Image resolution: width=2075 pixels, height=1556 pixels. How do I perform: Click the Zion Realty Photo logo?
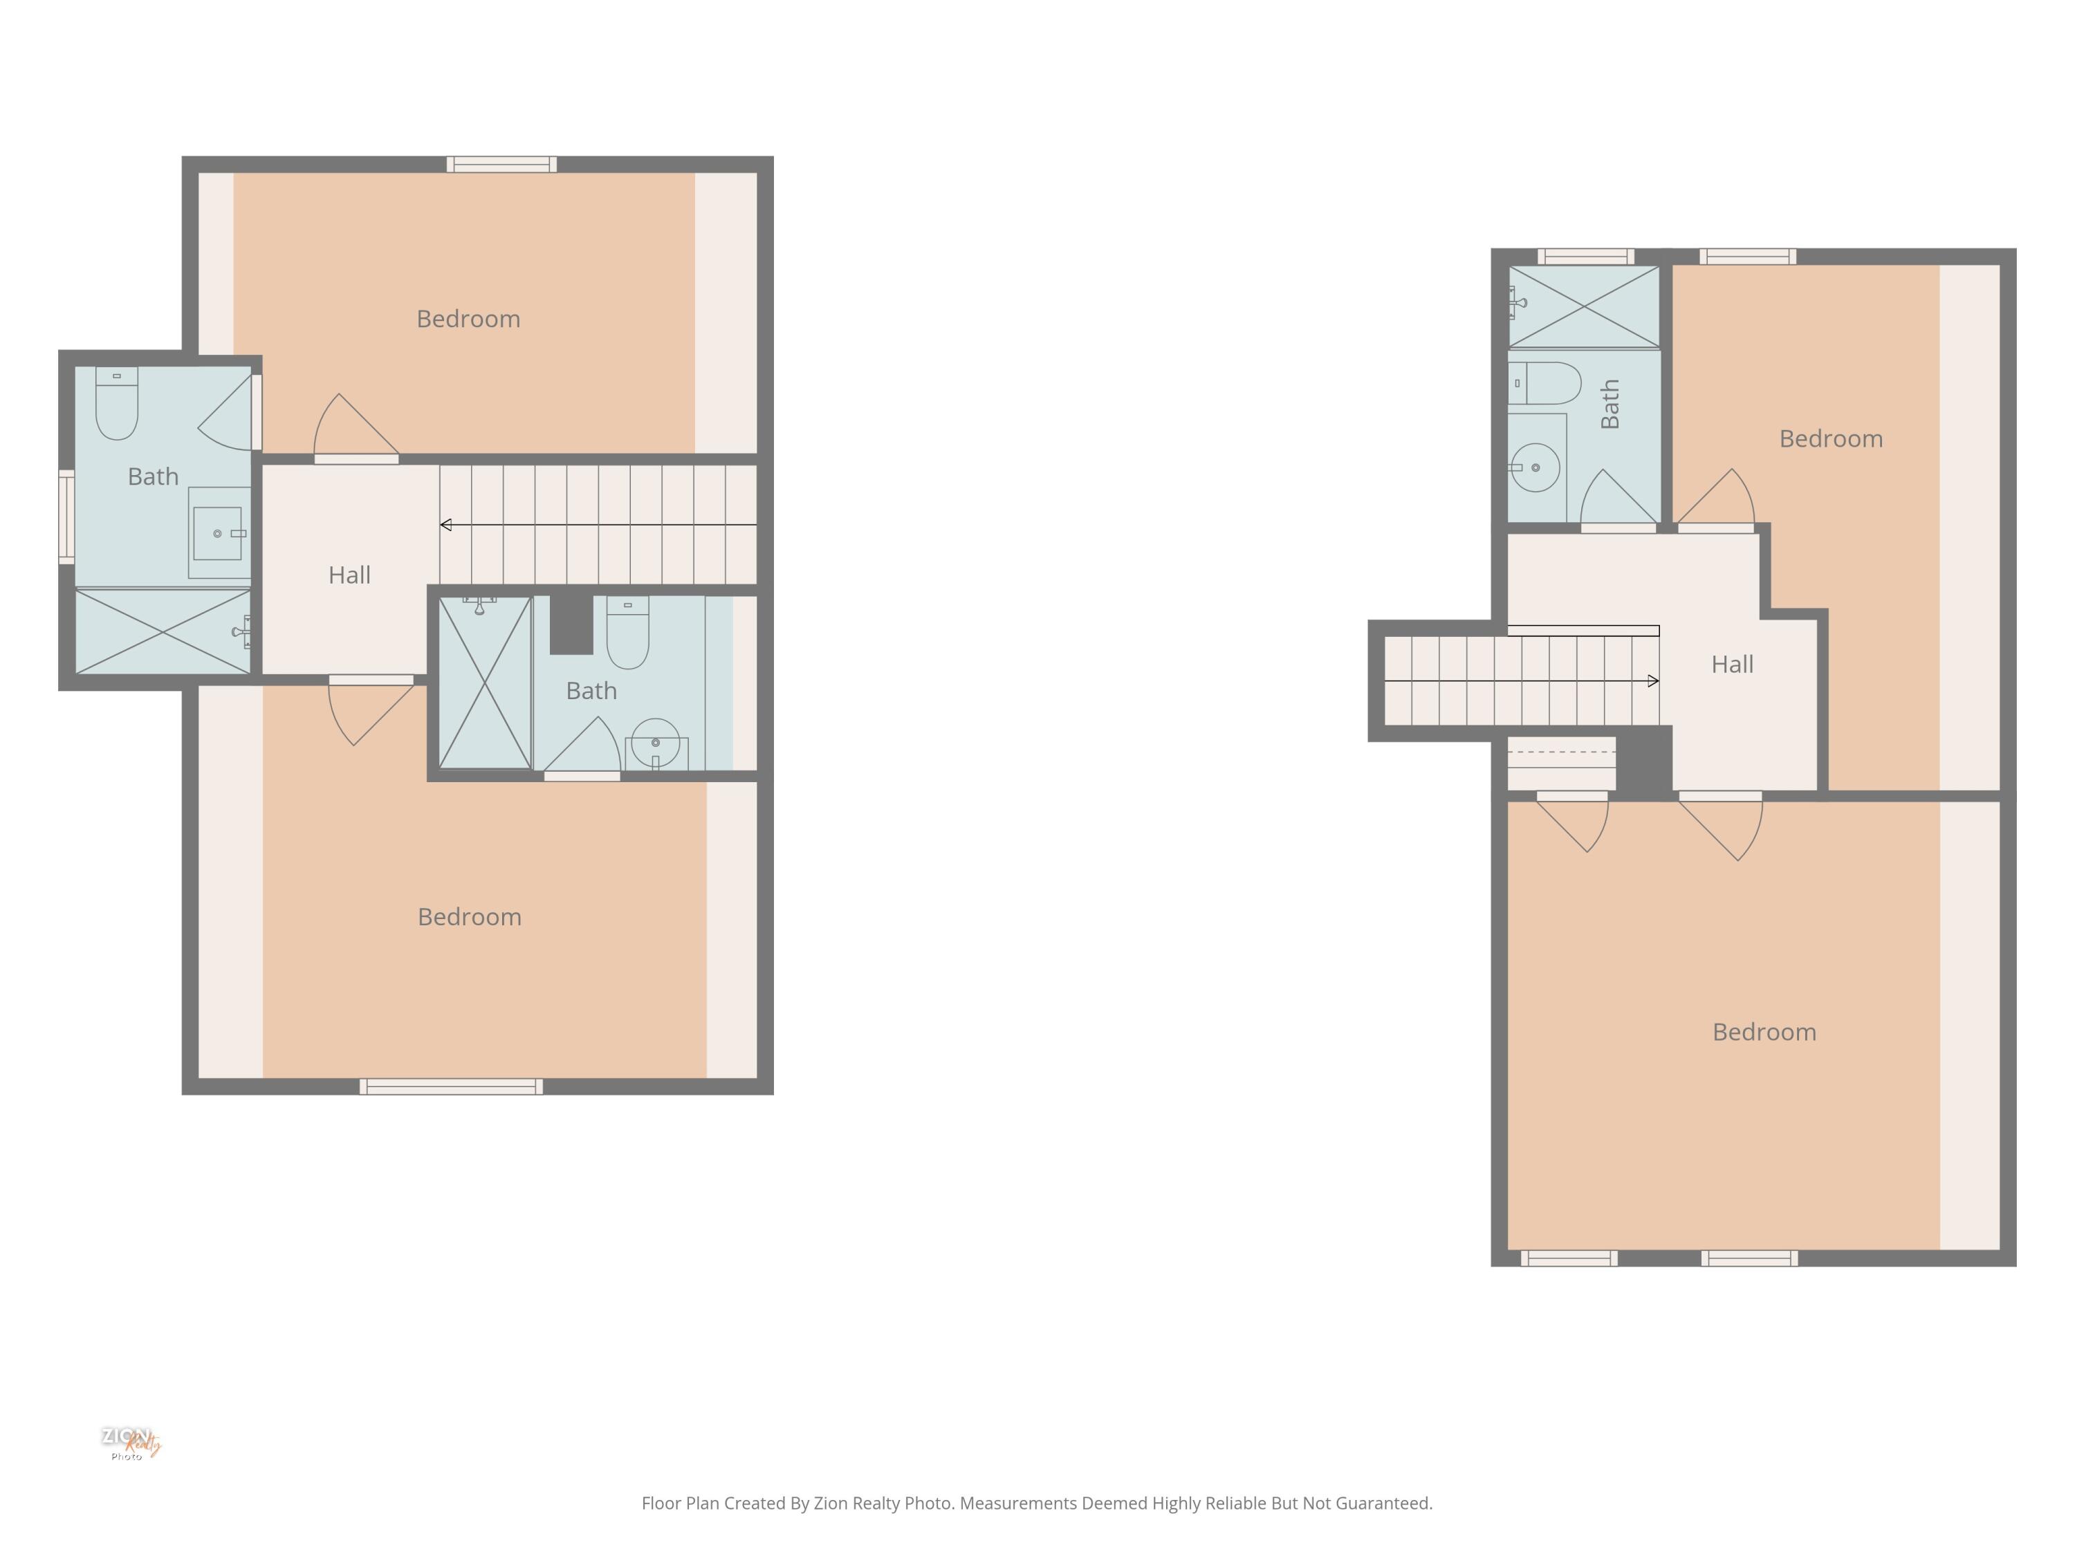[131, 1443]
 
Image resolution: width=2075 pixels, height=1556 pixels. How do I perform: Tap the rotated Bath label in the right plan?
[1610, 405]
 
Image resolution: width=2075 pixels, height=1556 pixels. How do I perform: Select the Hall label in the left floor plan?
[349, 575]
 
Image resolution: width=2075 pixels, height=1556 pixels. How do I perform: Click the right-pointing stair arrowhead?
[1653, 681]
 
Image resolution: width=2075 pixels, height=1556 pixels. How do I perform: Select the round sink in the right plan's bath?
[1535, 467]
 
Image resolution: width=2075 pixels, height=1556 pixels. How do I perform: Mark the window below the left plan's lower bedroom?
[451, 1087]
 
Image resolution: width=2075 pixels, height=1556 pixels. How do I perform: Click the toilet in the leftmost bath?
[118, 405]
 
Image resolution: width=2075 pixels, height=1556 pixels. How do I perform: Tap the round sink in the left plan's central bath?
[656, 743]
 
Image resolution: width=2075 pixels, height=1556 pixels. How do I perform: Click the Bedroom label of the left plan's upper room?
[468, 319]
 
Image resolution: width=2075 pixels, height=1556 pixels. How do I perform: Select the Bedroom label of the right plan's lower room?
[1764, 1032]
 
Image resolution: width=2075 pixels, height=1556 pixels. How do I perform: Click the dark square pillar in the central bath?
[571, 624]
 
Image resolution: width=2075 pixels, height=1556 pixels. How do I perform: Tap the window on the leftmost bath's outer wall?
[66, 517]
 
